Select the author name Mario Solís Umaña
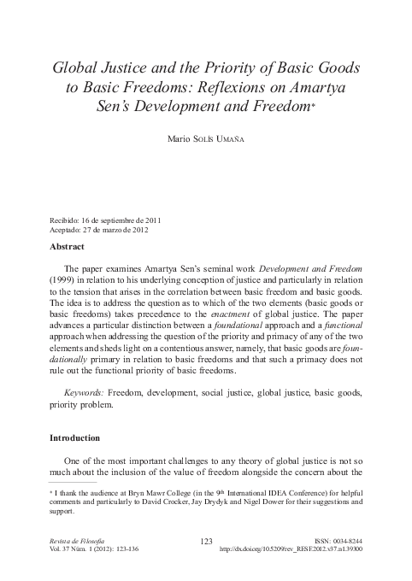206,138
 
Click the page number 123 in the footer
205,542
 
